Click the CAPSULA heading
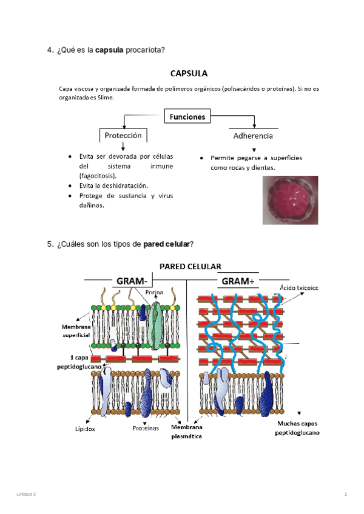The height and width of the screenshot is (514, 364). (189, 74)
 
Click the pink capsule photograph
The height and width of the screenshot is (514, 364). (290, 201)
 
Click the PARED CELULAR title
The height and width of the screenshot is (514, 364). (190, 266)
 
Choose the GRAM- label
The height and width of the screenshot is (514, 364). (131, 281)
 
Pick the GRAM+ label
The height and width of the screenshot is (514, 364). (238, 281)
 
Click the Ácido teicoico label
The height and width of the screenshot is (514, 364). (299, 287)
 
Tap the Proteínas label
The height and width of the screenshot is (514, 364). (146, 429)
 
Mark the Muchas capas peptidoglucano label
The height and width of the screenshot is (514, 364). (297, 429)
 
